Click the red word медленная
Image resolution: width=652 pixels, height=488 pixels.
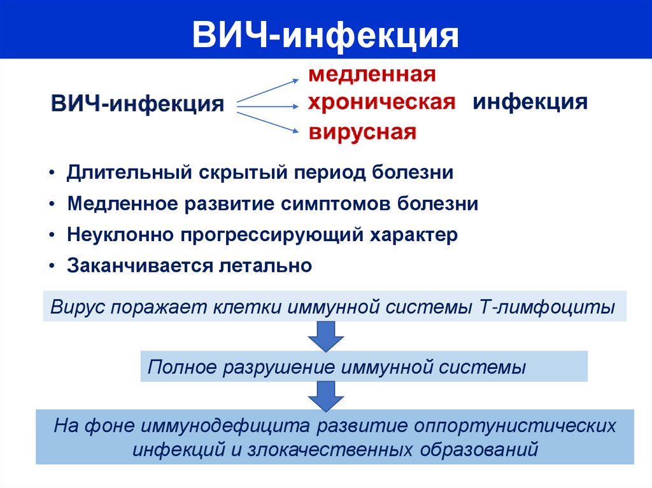372,74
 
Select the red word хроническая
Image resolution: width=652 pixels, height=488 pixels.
381,102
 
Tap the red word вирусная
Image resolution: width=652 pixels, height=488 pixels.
363,132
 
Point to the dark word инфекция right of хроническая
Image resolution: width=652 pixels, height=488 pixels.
530,102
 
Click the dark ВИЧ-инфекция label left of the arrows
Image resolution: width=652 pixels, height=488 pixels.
138,103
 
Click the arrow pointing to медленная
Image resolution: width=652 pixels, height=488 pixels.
267,90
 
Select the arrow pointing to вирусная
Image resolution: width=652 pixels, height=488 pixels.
267,122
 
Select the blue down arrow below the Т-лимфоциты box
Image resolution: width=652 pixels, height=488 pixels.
325,336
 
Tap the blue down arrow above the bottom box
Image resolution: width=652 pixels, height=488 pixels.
325,396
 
